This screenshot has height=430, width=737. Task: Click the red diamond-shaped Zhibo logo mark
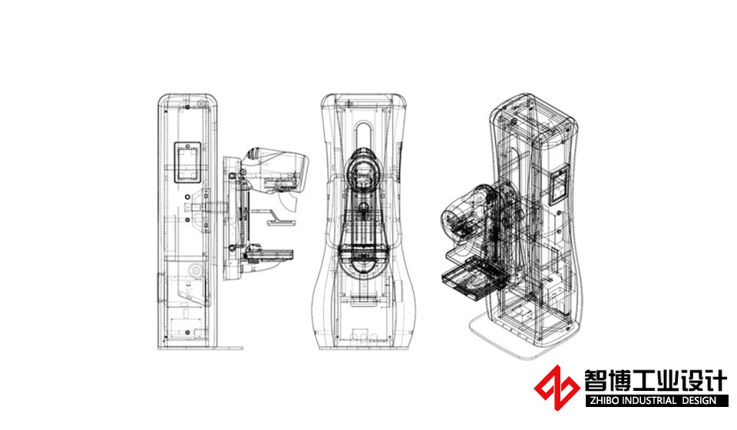[x=557, y=388]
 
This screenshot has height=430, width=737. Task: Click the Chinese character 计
[x=716, y=381]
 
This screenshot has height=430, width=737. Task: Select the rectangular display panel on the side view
[x=187, y=162]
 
